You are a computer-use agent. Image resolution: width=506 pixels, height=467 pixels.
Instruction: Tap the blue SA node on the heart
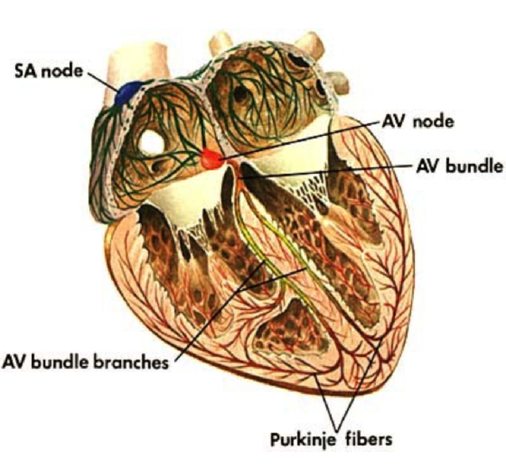(x=128, y=92)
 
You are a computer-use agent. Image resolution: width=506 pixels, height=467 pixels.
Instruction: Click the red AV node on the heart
(x=210, y=158)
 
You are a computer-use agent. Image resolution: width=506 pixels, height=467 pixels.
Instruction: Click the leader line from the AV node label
(x=303, y=137)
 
